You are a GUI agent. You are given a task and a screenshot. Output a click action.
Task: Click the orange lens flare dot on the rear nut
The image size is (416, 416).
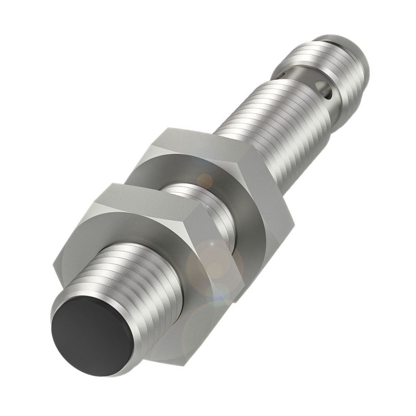pos(205,180)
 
